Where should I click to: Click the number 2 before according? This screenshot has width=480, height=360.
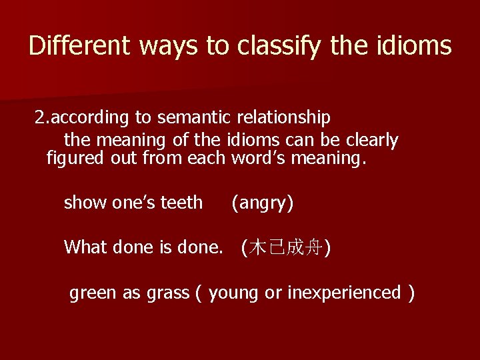[x=40, y=118]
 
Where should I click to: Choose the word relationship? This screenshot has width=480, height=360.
[x=284, y=118]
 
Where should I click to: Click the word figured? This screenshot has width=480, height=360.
[x=75, y=159]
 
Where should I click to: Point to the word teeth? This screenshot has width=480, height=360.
[x=182, y=203]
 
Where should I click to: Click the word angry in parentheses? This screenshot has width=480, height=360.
[x=262, y=203]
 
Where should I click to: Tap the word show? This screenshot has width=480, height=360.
[x=85, y=203]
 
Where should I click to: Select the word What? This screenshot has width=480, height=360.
[x=86, y=247]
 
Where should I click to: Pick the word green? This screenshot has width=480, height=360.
[x=93, y=293]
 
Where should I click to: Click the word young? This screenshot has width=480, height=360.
[x=233, y=293]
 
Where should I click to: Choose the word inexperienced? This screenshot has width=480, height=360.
[x=344, y=293]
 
